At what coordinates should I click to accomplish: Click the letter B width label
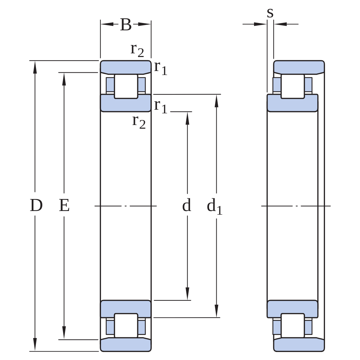click(126, 25)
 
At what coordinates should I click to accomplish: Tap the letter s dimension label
click(270, 13)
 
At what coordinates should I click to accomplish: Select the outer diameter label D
click(36, 205)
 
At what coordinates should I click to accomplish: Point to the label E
click(64, 205)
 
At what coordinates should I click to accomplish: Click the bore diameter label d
click(187, 205)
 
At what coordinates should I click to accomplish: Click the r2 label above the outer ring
click(137, 50)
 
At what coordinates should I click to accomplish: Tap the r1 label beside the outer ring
click(161, 68)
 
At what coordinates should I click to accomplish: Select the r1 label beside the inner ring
click(161, 106)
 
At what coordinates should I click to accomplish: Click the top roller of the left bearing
click(126, 86)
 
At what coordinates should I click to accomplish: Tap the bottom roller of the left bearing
click(126, 325)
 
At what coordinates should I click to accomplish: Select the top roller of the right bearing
click(293, 86)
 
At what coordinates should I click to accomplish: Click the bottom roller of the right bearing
click(293, 325)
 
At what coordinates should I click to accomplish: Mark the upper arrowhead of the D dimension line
click(35, 67)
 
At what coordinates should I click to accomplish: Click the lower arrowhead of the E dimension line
click(64, 333)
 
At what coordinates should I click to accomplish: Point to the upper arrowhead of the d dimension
click(187, 118)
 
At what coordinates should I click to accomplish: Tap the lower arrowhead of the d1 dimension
click(216, 311)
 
